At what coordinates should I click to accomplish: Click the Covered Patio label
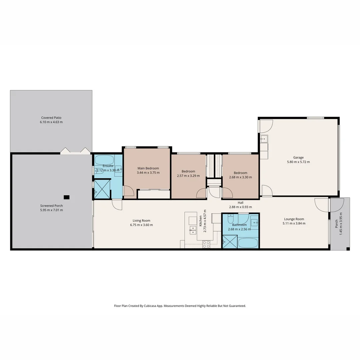51,118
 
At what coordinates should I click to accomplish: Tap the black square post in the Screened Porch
67,197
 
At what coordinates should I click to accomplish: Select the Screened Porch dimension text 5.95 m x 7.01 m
51,210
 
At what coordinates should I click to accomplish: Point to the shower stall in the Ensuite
102,189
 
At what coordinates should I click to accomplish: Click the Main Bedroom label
148,168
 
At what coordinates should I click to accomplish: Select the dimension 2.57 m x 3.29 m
188,176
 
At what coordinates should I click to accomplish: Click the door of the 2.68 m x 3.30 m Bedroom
227,193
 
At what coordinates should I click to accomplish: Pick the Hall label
240,203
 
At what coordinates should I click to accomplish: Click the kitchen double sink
193,230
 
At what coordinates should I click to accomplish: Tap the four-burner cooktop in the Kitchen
206,244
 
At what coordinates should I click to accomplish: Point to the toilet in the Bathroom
231,219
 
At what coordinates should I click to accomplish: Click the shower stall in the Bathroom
230,242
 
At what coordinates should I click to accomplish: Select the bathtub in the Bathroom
248,243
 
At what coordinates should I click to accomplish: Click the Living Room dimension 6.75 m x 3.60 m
141,225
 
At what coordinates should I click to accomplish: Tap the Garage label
298,158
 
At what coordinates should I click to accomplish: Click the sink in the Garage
264,138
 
